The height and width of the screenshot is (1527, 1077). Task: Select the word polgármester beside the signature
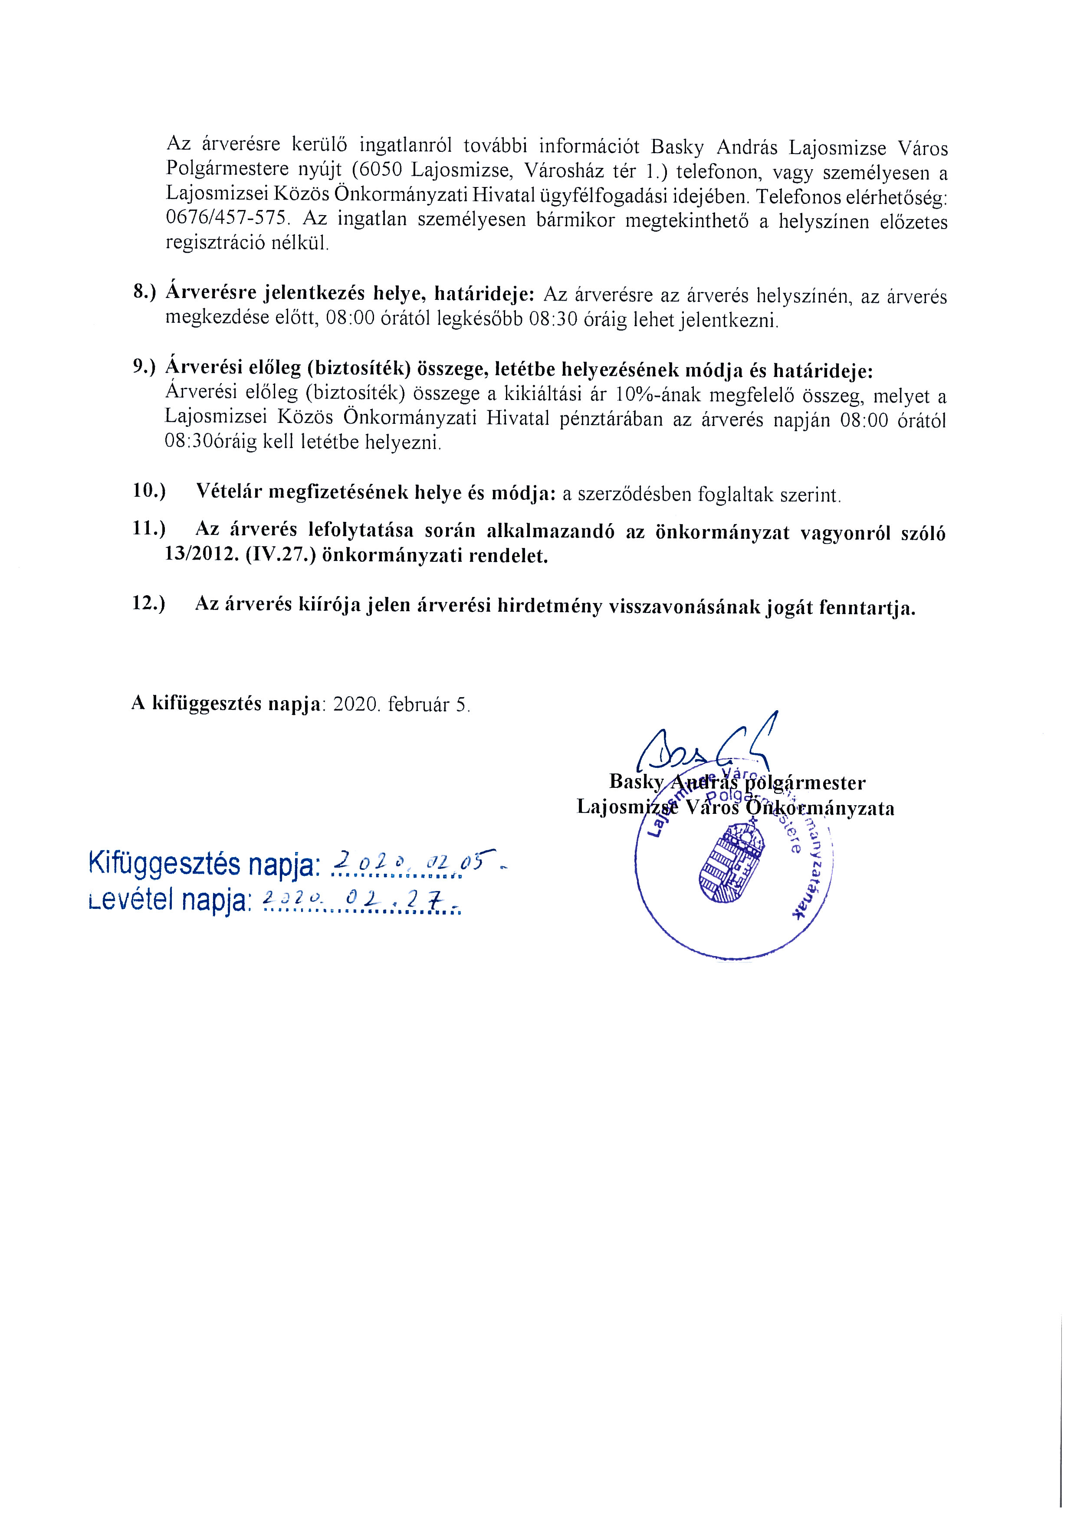[x=808, y=783]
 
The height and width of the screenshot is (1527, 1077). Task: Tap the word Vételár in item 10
[x=231, y=492]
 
